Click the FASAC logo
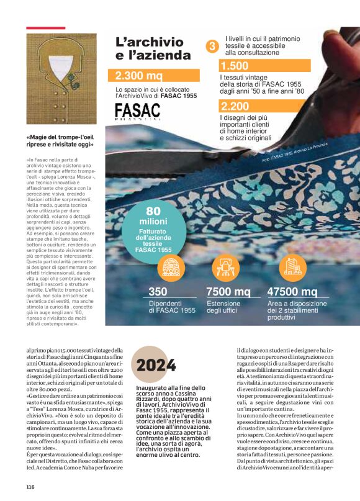pos(137,112)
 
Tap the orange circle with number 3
pos(212,46)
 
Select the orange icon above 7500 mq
pos(225,267)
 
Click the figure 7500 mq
pos(228,292)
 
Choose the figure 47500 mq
pos(292,292)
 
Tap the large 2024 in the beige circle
pos(156,365)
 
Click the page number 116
pos(30,487)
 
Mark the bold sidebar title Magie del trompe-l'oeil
pos(60,141)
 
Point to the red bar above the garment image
pos(45,28)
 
